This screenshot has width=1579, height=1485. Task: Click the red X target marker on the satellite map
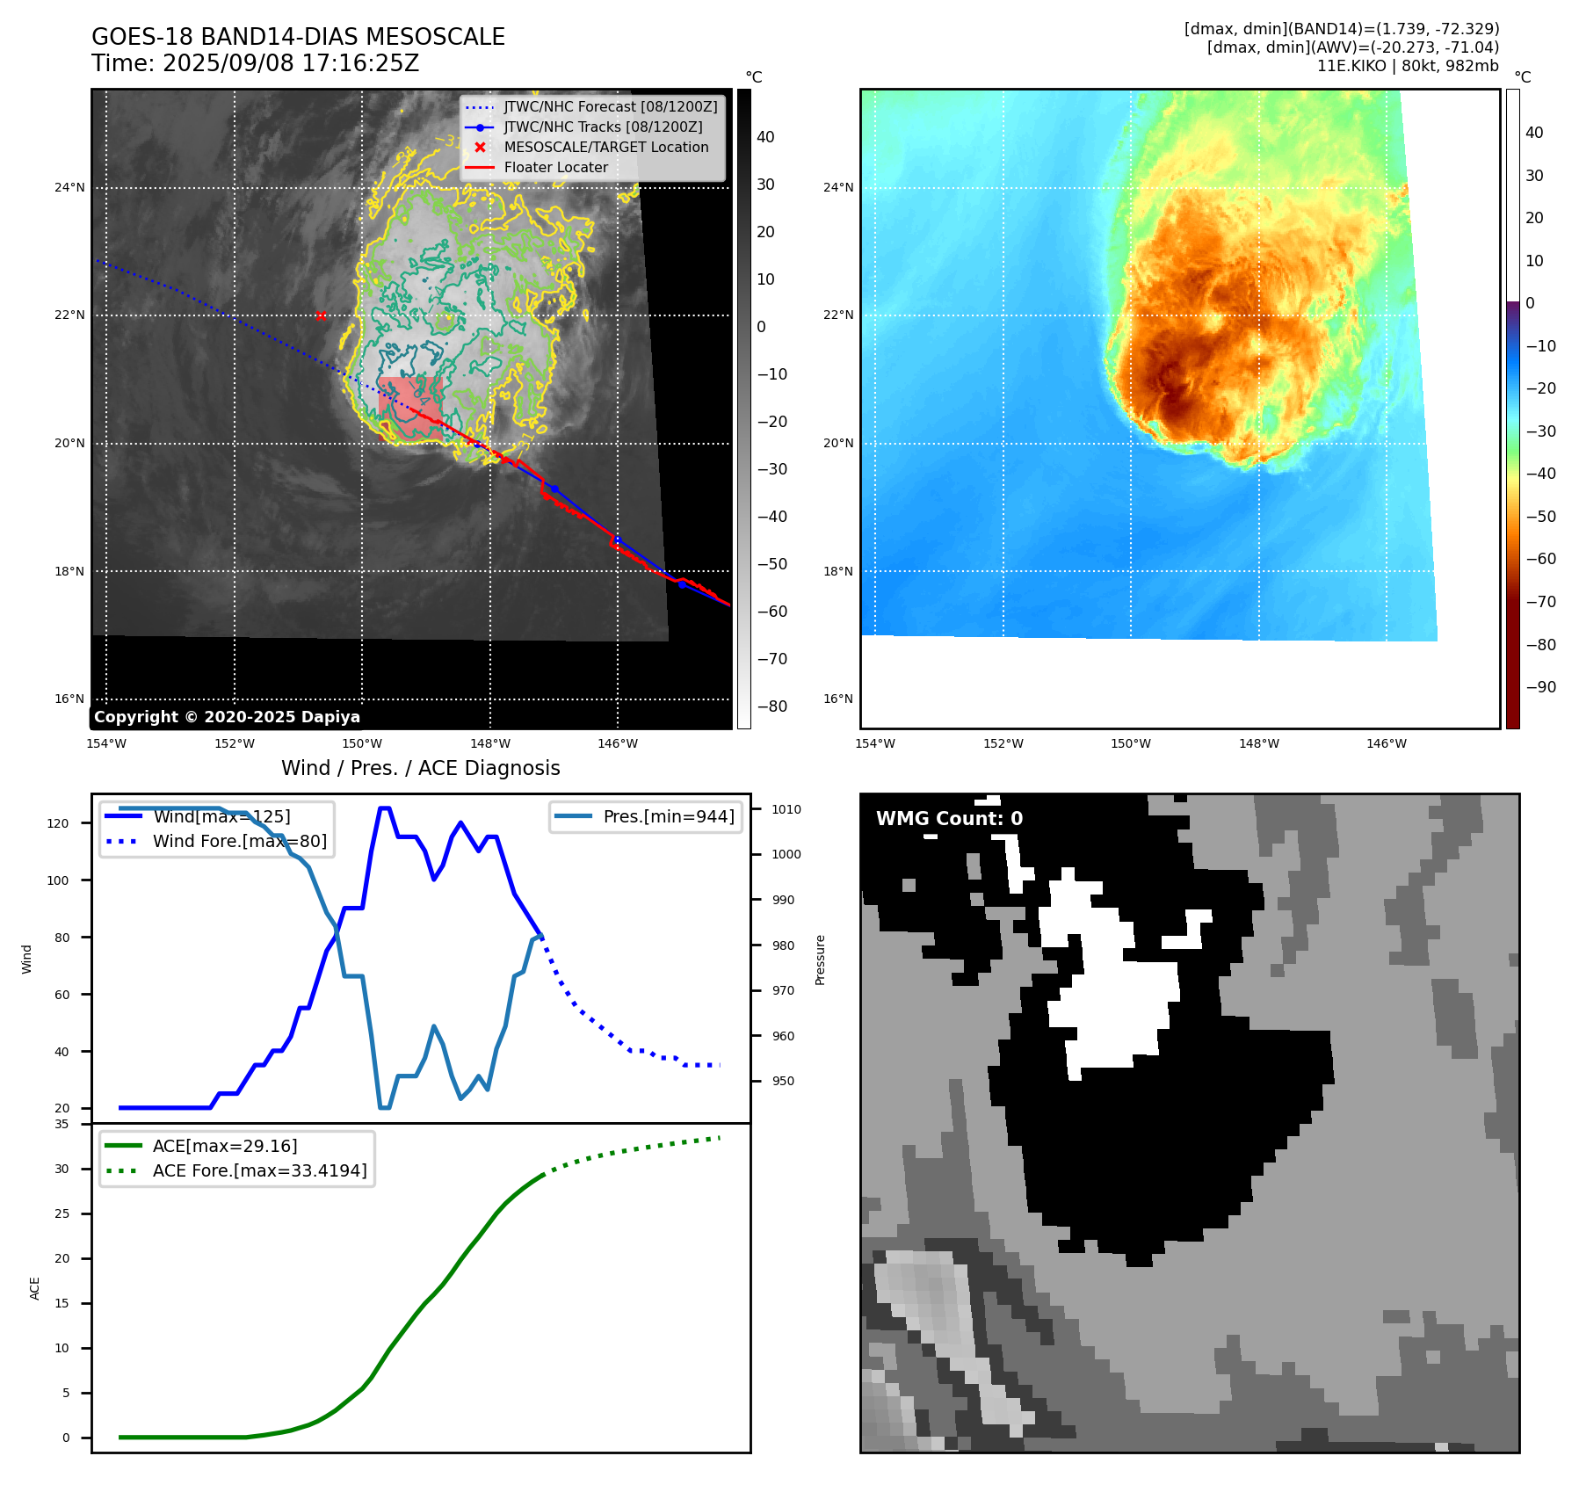[321, 315]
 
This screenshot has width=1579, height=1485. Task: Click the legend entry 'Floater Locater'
[555, 168]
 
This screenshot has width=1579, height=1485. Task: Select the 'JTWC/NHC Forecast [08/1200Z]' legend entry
[610, 107]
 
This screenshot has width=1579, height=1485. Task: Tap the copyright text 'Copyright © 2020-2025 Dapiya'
[227, 717]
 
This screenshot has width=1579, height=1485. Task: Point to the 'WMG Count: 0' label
[949, 819]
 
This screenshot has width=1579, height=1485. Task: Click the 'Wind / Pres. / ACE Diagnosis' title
[420, 768]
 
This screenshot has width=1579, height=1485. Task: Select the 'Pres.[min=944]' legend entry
[668, 816]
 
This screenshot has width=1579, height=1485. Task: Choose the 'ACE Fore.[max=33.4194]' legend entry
[259, 1170]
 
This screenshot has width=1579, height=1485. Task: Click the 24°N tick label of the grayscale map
[70, 187]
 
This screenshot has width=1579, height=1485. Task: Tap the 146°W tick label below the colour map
[1386, 743]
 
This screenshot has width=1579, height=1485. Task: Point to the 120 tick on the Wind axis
[58, 823]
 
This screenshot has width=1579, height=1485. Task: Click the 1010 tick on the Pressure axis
[786, 809]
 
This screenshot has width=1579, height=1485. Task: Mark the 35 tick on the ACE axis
[62, 1124]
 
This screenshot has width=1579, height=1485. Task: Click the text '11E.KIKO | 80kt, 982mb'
[1408, 66]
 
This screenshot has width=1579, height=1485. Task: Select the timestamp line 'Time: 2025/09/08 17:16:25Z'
[255, 63]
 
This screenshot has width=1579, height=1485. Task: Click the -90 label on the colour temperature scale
[1540, 687]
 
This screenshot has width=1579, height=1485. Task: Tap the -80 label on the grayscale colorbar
[772, 706]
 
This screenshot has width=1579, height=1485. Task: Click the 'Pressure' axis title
[820, 960]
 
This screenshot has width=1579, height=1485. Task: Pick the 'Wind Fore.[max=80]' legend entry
[239, 841]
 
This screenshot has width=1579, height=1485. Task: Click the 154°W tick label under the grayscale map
[106, 743]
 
